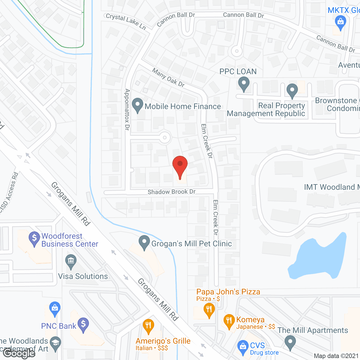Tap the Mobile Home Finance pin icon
pos(138,105)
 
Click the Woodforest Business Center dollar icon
pos(34,238)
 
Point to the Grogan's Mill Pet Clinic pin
pos(144,242)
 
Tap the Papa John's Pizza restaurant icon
pos(209,310)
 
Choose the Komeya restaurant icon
pos(229,321)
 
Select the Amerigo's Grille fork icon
pos(148,326)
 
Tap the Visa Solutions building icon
pos(71,261)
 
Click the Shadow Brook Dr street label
pos(172,192)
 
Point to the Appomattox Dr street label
pos(127,109)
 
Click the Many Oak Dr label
pos(168,78)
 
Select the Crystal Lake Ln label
pos(126,21)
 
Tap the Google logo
pos(19,353)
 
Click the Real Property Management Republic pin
pos(292,91)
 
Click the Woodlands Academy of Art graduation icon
pos(55,343)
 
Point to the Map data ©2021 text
pos(336,356)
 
